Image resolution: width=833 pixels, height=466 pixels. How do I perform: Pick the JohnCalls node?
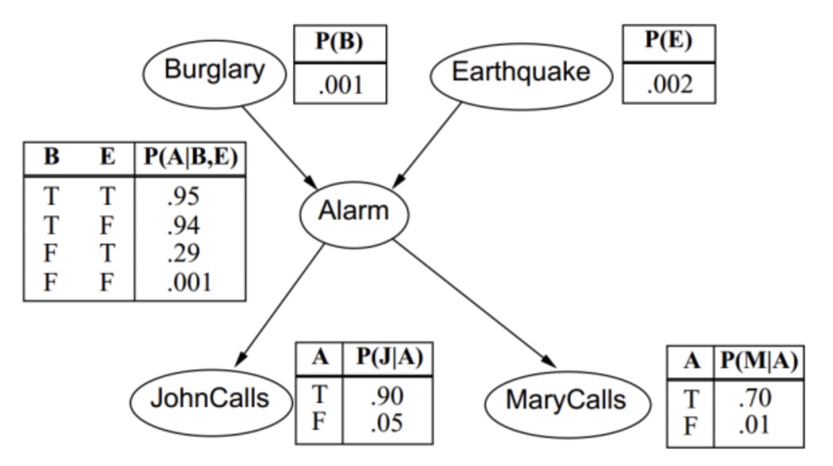click(209, 400)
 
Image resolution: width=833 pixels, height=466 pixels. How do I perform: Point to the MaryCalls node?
click(566, 401)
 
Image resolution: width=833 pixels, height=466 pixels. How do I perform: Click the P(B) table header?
click(339, 42)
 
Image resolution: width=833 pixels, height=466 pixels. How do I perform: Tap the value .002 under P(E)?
click(668, 84)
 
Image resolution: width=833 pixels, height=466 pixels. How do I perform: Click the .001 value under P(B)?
click(339, 85)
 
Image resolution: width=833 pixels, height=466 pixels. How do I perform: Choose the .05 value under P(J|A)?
click(387, 422)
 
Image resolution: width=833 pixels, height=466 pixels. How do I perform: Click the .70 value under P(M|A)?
click(757, 398)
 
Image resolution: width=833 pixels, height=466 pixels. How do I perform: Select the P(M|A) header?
click(758, 362)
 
